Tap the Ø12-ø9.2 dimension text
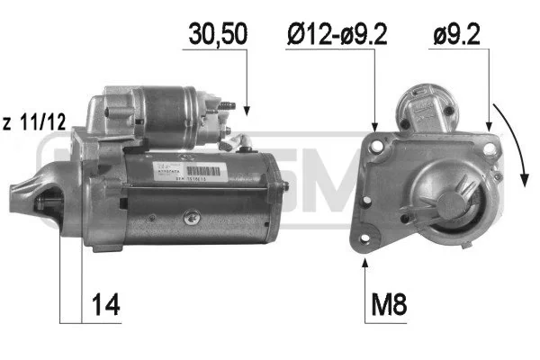point(338,35)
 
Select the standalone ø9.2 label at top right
point(458,35)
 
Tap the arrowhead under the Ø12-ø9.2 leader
point(375,123)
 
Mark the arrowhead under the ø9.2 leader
point(488,123)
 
